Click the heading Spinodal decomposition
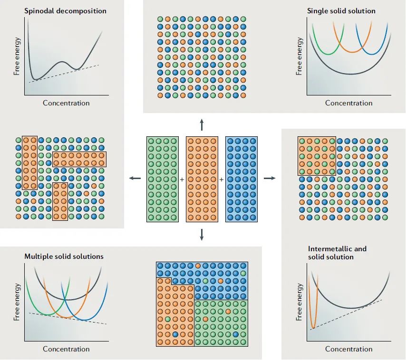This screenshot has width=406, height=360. (x=65, y=10)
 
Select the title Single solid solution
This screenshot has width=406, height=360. (x=341, y=10)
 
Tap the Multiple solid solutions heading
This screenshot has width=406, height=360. (x=64, y=256)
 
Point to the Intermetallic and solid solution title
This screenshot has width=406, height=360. (x=337, y=253)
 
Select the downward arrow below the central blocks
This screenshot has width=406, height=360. (x=202, y=234)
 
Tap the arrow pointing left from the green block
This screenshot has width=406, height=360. (x=135, y=178)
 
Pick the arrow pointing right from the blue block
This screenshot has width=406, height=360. (x=269, y=178)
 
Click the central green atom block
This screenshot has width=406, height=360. (x=163, y=180)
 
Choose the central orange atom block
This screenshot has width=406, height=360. (x=202, y=180)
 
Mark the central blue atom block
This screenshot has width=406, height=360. (x=241, y=180)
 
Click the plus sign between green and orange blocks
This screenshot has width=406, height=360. (x=182, y=180)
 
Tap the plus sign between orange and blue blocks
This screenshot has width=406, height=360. (x=222, y=180)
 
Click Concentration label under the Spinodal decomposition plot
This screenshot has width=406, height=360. (x=66, y=103)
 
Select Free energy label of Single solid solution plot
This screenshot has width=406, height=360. (x=299, y=56)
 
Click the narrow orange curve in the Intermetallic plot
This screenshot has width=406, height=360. (x=313, y=304)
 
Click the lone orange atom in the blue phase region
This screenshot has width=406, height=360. (x=198, y=265)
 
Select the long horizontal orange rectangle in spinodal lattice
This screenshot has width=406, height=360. (x=79, y=159)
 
